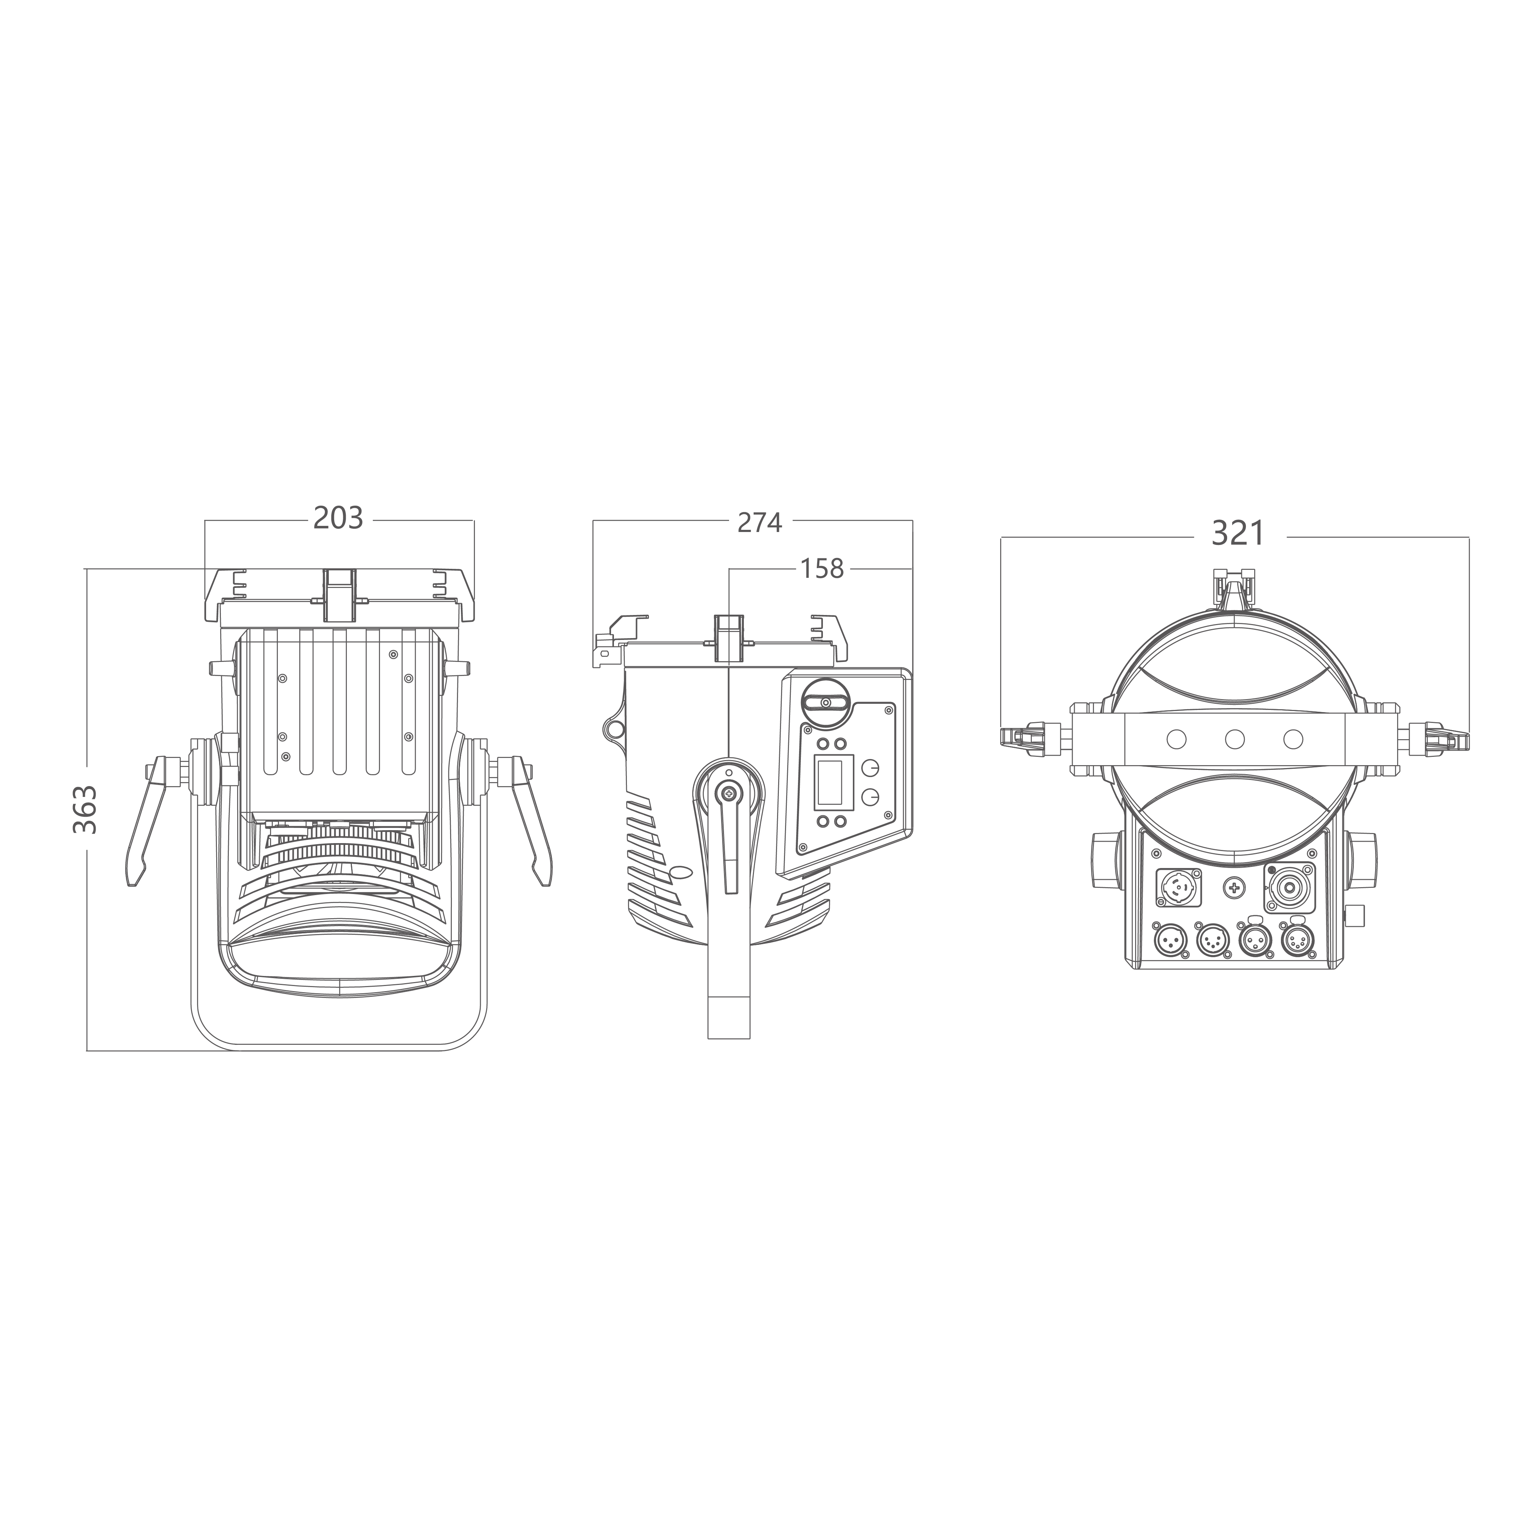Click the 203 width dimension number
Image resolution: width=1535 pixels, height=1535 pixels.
pyautogui.click(x=338, y=518)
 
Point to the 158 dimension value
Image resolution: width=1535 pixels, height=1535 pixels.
pyautogui.click(x=821, y=569)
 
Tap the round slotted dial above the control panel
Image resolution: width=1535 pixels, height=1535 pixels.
pyautogui.click(x=826, y=702)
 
